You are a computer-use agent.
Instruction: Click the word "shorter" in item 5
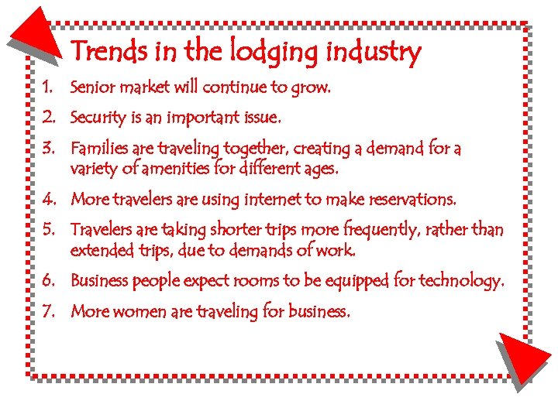[260, 230]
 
